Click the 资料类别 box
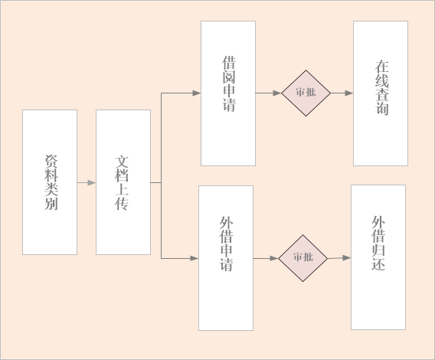click(x=50, y=182)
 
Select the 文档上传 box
click(x=123, y=182)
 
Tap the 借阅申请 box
click(x=228, y=93)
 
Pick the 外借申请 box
click(x=226, y=258)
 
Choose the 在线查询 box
click(x=381, y=93)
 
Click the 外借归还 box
click(x=378, y=257)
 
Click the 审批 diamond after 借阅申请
click(x=306, y=93)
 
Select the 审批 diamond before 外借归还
click(x=303, y=258)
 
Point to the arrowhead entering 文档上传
click(x=92, y=182)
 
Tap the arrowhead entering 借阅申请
click(x=197, y=93)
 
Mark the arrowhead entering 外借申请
click(x=195, y=258)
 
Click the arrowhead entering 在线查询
click(x=349, y=93)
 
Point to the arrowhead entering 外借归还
click(x=347, y=257)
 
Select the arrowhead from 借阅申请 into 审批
click(x=277, y=93)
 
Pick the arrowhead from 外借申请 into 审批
click(x=274, y=258)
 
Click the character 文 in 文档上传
click(x=122, y=162)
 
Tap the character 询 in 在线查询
click(x=382, y=108)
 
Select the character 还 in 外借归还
click(x=378, y=263)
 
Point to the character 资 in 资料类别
click(x=51, y=162)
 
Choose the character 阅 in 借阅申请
click(x=229, y=77)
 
